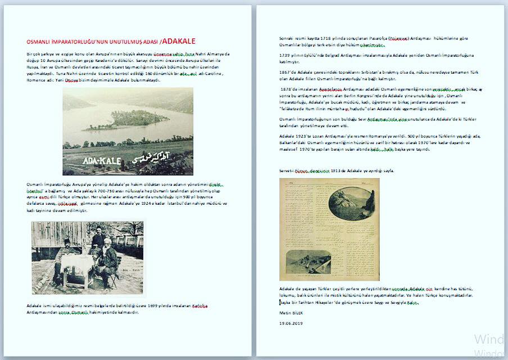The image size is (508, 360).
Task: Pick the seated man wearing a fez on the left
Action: pyautogui.click(x=65, y=256)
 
